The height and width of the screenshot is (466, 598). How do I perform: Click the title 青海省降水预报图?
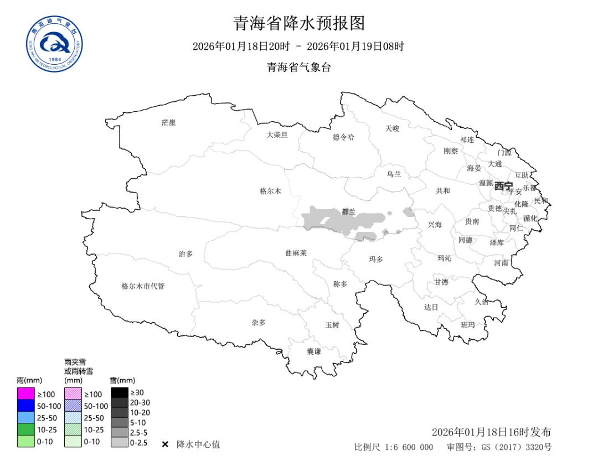coord(299,23)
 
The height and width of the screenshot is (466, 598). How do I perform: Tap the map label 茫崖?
coord(168,122)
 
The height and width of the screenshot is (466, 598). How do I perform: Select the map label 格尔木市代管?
coord(143,286)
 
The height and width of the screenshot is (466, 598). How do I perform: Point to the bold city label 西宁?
coord(504,185)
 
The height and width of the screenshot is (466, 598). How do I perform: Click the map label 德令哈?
coord(343,137)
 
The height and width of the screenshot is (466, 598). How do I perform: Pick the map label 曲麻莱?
coord(296,253)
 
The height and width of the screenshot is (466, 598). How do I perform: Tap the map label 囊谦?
coord(314,351)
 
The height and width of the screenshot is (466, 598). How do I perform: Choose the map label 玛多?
coord(376,259)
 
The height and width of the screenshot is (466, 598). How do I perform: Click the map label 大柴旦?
coord(277,134)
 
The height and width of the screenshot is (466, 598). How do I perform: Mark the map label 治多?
coord(185,253)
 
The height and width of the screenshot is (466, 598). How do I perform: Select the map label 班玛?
coord(468,325)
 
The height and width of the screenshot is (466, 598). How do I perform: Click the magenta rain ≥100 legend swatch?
coord(25,393)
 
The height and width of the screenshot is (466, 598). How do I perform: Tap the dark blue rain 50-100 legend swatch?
coord(25,406)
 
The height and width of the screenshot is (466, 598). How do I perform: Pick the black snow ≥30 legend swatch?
coord(119,392)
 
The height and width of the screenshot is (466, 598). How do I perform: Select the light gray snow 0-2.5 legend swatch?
coord(119,442)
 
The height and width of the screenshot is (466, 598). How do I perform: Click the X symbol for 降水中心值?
coord(165,444)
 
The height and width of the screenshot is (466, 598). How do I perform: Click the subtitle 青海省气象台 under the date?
coord(299,68)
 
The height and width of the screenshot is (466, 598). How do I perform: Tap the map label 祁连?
coord(467,139)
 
